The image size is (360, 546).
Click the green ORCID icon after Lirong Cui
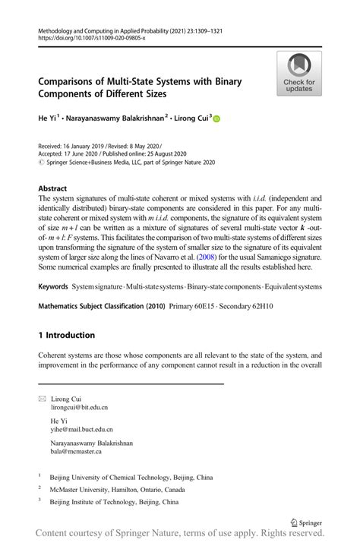tap(216, 118)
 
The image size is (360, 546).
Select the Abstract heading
tap(52, 187)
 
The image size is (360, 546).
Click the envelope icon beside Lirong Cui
tap(42, 399)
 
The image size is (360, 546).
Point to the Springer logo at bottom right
tap(306, 523)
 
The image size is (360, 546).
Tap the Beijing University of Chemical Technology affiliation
tap(131, 478)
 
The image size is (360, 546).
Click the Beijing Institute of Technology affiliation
tap(114, 502)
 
